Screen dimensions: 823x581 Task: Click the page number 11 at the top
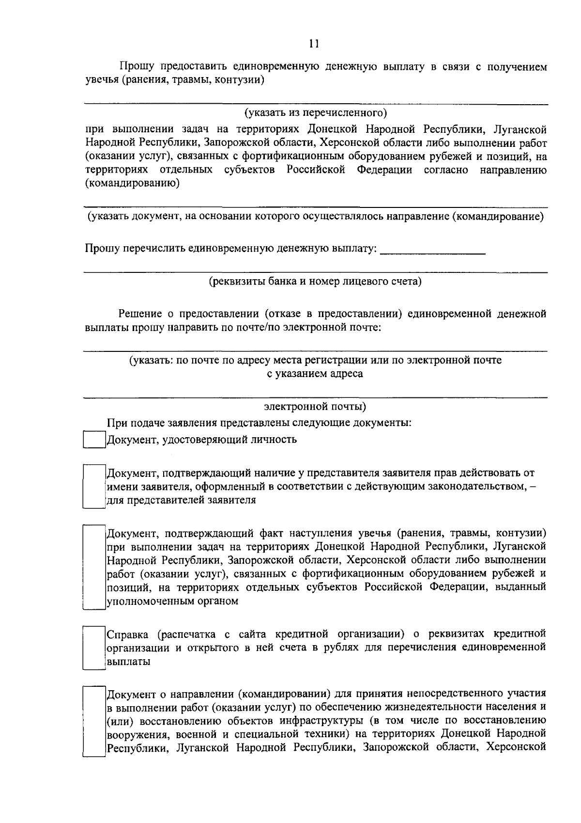tap(314, 44)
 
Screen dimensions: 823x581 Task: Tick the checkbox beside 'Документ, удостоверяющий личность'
tap(94, 440)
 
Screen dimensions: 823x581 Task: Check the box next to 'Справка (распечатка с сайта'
tap(94, 648)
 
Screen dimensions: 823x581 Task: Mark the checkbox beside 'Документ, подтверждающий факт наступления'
tap(94, 567)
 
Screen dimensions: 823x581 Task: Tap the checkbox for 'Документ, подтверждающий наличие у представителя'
tap(94, 486)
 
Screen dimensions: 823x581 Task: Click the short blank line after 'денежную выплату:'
tap(433, 250)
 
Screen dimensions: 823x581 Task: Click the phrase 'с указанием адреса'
tap(315, 374)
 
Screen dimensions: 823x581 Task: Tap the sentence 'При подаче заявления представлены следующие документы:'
tap(259, 423)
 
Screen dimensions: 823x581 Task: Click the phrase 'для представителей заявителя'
tap(181, 500)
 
